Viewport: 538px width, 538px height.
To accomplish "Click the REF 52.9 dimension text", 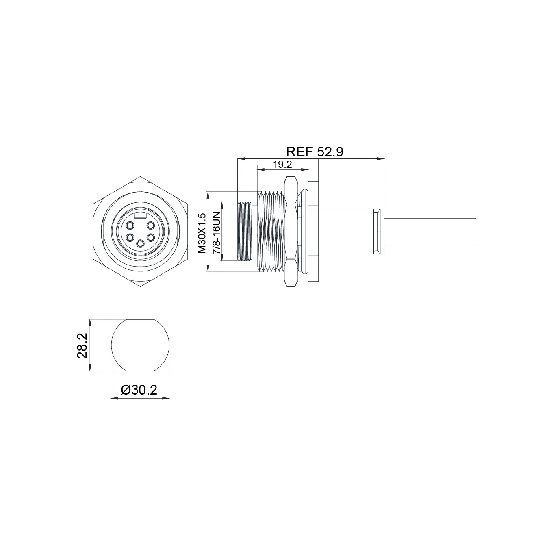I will click(x=315, y=152).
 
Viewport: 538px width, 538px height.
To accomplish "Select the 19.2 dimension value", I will click(x=283, y=165).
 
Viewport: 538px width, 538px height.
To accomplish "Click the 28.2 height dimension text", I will click(x=82, y=345).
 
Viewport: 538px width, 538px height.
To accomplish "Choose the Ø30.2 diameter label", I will click(x=139, y=390).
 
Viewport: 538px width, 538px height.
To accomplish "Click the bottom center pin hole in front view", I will click(x=140, y=243).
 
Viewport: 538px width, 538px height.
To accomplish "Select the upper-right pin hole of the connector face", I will click(x=150, y=225).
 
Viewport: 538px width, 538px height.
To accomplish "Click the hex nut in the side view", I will click(x=291, y=232).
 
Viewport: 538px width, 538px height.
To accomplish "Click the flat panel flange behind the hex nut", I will click(x=314, y=232).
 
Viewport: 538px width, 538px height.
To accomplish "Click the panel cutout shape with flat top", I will click(x=140, y=345).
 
